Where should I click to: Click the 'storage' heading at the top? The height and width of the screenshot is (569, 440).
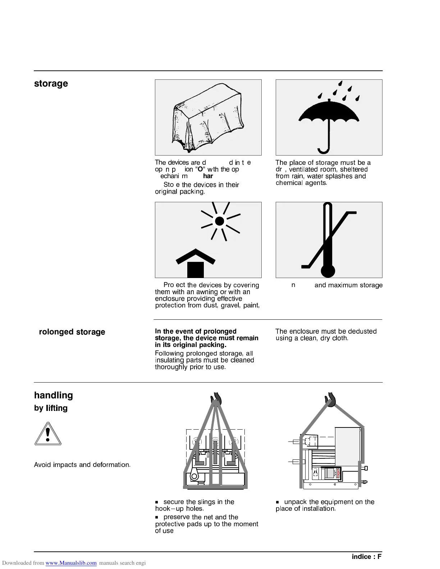(51, 84)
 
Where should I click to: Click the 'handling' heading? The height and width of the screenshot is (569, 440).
(54, 395)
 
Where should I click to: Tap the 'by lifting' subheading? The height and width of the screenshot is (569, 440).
(51, 408)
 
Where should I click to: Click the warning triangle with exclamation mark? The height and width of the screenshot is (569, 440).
(48, 434)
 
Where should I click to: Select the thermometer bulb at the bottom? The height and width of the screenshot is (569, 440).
(328, 270)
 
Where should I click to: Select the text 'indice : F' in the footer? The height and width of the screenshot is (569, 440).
(366, 557)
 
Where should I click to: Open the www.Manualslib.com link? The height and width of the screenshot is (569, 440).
(71, 563)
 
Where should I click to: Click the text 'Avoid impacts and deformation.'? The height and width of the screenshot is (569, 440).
(82, 465)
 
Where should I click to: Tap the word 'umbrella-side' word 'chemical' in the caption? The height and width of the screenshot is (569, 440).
(288, 183)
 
